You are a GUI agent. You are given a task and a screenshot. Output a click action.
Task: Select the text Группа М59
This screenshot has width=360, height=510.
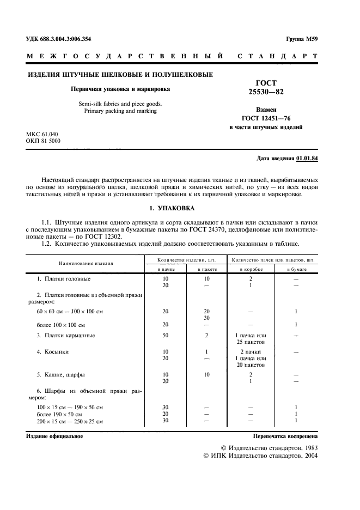tap(302, 39)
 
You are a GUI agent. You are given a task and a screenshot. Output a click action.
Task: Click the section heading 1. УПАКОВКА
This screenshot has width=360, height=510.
tap(172, 209)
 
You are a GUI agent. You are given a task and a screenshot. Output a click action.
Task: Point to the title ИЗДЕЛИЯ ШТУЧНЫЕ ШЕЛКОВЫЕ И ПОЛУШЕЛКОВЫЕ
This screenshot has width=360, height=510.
tap(120, 75)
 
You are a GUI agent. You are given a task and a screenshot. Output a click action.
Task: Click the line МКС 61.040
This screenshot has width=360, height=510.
tap(42, 134)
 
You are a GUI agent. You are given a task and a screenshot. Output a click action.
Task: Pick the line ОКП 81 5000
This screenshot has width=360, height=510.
tap(43, 141)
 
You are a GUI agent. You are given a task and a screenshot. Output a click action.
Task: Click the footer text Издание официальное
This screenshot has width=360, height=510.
tap(54, 436)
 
